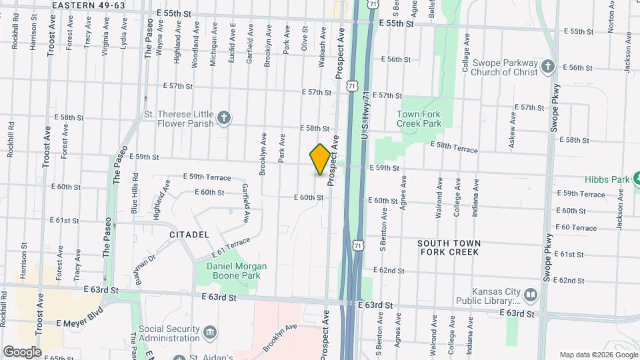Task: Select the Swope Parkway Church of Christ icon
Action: (547, 67)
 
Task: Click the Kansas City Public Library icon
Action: (530, 294)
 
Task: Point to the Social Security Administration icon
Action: (209, 331)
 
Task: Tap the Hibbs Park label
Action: (607, 179)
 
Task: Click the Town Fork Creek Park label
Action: (419, 119)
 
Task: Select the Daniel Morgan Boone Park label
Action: (227, 271)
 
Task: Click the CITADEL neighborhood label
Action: (189, 235)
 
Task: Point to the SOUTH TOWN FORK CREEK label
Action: (448, 247)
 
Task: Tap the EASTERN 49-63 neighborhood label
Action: (88, 5)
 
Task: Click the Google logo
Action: (21, 351)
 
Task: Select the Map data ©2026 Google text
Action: (598, 355)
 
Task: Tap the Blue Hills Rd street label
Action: (135, 193)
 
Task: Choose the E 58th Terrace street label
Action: (453, 147)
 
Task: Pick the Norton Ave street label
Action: (611, 17)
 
